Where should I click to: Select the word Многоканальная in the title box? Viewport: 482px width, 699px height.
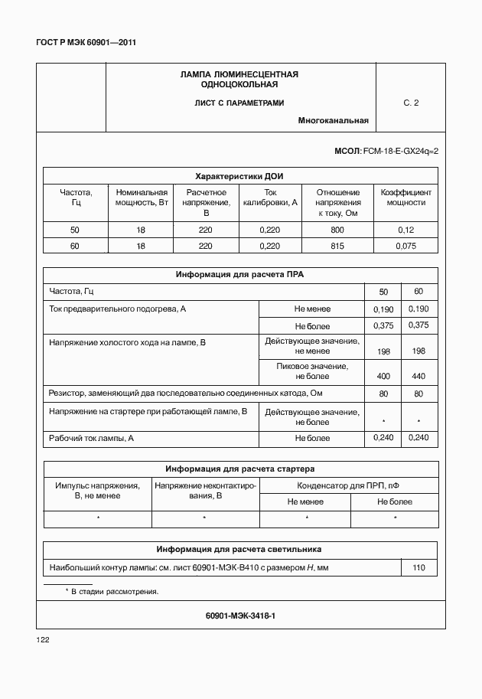coord(334,120)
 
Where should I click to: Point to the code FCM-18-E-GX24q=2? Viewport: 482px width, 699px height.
coord(400,152)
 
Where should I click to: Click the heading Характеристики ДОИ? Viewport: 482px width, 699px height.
coord(240,175)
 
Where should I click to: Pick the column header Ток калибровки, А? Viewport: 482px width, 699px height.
coord(270,198)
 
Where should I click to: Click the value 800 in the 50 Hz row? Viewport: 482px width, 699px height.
coord(337,230)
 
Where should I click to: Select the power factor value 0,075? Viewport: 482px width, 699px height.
coord(405,247)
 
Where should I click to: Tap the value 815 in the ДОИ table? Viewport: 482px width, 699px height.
coord(337,247)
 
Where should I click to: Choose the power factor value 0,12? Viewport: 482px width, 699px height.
coord(405,230)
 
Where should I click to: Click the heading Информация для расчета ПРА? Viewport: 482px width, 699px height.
coord(240,274)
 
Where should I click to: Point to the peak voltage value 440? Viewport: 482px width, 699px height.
coord(418,377)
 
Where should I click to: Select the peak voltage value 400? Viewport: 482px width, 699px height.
coord(384,377)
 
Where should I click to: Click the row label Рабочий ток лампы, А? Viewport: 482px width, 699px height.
coord(92,438)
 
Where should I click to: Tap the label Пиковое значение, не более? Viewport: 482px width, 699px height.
coord(312,371)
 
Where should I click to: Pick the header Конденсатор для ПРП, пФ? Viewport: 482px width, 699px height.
coord(349,485)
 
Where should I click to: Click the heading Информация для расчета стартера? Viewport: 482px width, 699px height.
coord(240,469)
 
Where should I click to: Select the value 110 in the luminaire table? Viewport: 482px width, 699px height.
coord(418,568)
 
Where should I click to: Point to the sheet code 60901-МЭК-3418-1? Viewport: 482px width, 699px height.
coord(240,616)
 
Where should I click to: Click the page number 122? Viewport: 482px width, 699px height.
coord(43,639)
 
